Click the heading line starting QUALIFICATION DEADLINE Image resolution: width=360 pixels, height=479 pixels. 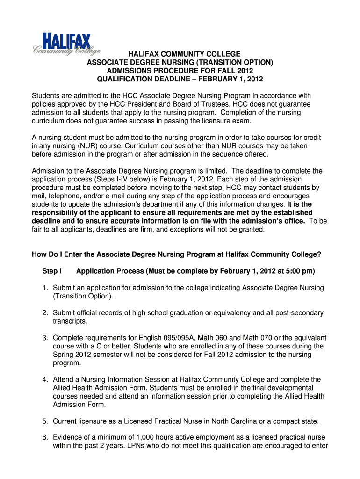tap(180, 79)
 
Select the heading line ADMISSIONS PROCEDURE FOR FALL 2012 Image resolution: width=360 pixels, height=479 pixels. tap(180, 70)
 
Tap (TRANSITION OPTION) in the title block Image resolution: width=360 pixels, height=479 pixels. tap(235, 62)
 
